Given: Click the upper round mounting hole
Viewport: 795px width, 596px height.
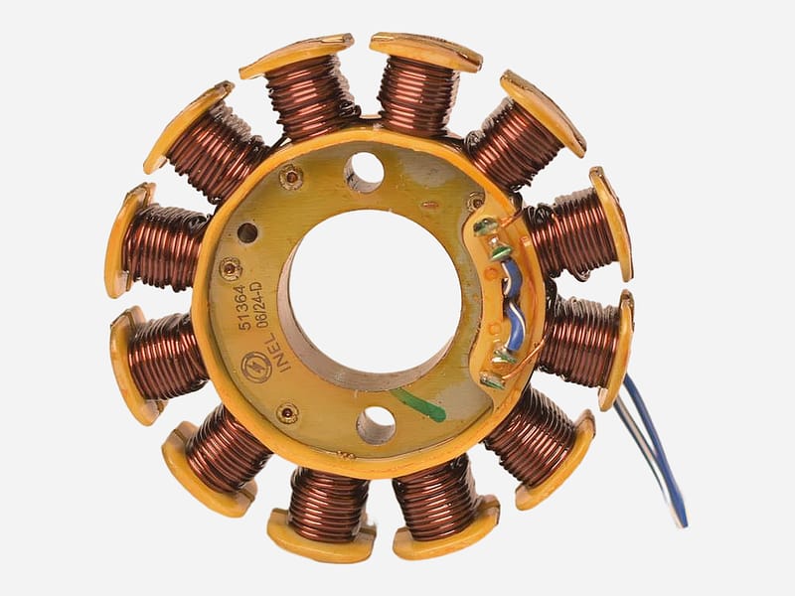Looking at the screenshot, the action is [x=366, y=168].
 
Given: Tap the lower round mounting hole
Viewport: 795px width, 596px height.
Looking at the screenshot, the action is [x=378, y=422].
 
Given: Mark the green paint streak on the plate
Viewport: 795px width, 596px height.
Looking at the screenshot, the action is [x=419, y=403].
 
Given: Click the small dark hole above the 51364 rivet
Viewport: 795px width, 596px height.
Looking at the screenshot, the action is [x=246, y=232].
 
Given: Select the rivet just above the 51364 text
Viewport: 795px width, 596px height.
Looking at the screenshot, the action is [x=231, y=268].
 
